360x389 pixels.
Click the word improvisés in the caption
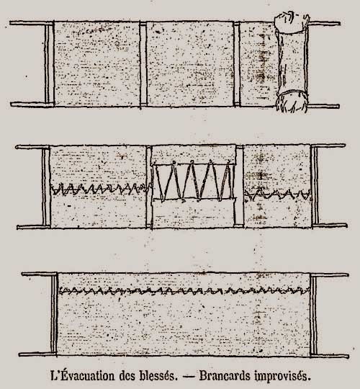coord(283,376)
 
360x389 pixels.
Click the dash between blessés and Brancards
coord(188,376)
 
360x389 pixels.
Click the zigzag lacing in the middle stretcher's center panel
coord(194,181)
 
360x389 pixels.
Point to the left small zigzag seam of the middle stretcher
coord(100,189)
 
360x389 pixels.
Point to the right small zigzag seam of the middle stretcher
coord(278,194)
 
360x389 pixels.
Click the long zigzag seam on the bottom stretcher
coord(184,290)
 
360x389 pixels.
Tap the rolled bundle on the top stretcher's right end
coord(292,63)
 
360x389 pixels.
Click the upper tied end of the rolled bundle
coord(292,22)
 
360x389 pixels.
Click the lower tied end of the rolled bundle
coord(292,102)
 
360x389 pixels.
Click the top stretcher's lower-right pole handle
coord(323,106)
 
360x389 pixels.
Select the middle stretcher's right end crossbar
coord(315,186)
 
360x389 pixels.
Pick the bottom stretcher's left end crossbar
coord(54,314)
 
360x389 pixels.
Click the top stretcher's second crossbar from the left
coord(143,64)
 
